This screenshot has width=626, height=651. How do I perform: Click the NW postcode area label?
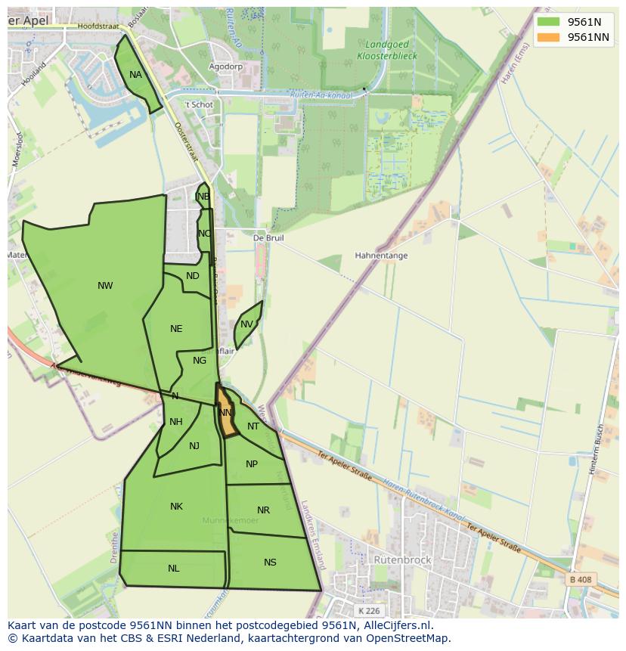105,286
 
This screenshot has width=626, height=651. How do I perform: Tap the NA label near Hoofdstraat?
135,75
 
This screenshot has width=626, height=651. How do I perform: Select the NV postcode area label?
246,324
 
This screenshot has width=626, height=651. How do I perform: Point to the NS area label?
270,563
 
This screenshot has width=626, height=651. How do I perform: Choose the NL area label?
174,569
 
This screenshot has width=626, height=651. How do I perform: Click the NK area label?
176,507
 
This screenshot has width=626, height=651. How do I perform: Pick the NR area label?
263,510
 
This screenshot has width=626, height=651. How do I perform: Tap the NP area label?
252,464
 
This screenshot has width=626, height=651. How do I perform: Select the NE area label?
176,329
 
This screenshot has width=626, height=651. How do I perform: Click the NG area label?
200,361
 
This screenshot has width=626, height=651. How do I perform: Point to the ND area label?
193,276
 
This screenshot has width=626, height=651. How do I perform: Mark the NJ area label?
194,446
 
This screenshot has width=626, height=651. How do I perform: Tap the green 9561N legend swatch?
548,22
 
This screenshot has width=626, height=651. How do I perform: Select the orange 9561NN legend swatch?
548,37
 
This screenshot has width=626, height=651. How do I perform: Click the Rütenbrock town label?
402,560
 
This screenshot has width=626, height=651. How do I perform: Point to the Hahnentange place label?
381,256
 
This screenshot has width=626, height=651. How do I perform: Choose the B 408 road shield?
581,580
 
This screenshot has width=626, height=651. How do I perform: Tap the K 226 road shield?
370,610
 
